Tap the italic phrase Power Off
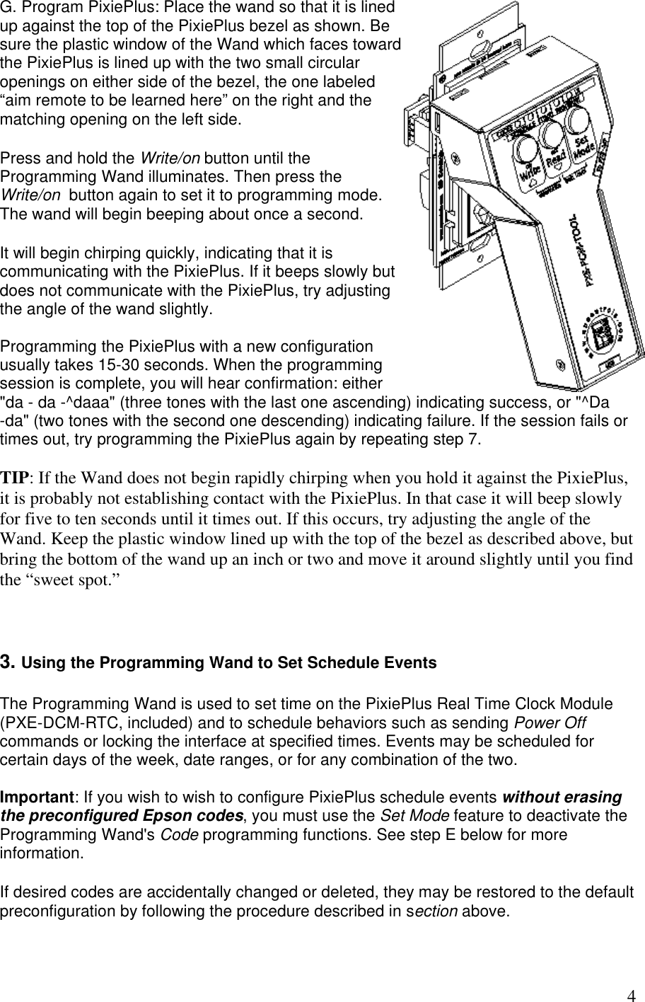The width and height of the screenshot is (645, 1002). click(x=548, y=723)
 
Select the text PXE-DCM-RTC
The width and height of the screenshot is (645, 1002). click(x=46, y=723)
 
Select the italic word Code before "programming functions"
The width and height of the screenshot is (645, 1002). click(x=182, y=834)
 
